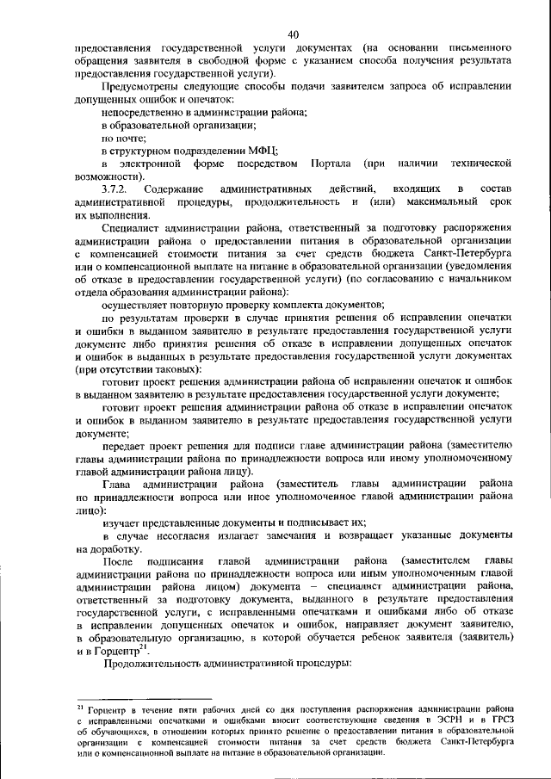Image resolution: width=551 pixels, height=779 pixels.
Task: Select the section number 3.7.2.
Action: (115, 188)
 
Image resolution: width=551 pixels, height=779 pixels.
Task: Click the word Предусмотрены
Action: (143, 87)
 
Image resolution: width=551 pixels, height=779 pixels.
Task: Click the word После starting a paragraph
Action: (119, 561)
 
